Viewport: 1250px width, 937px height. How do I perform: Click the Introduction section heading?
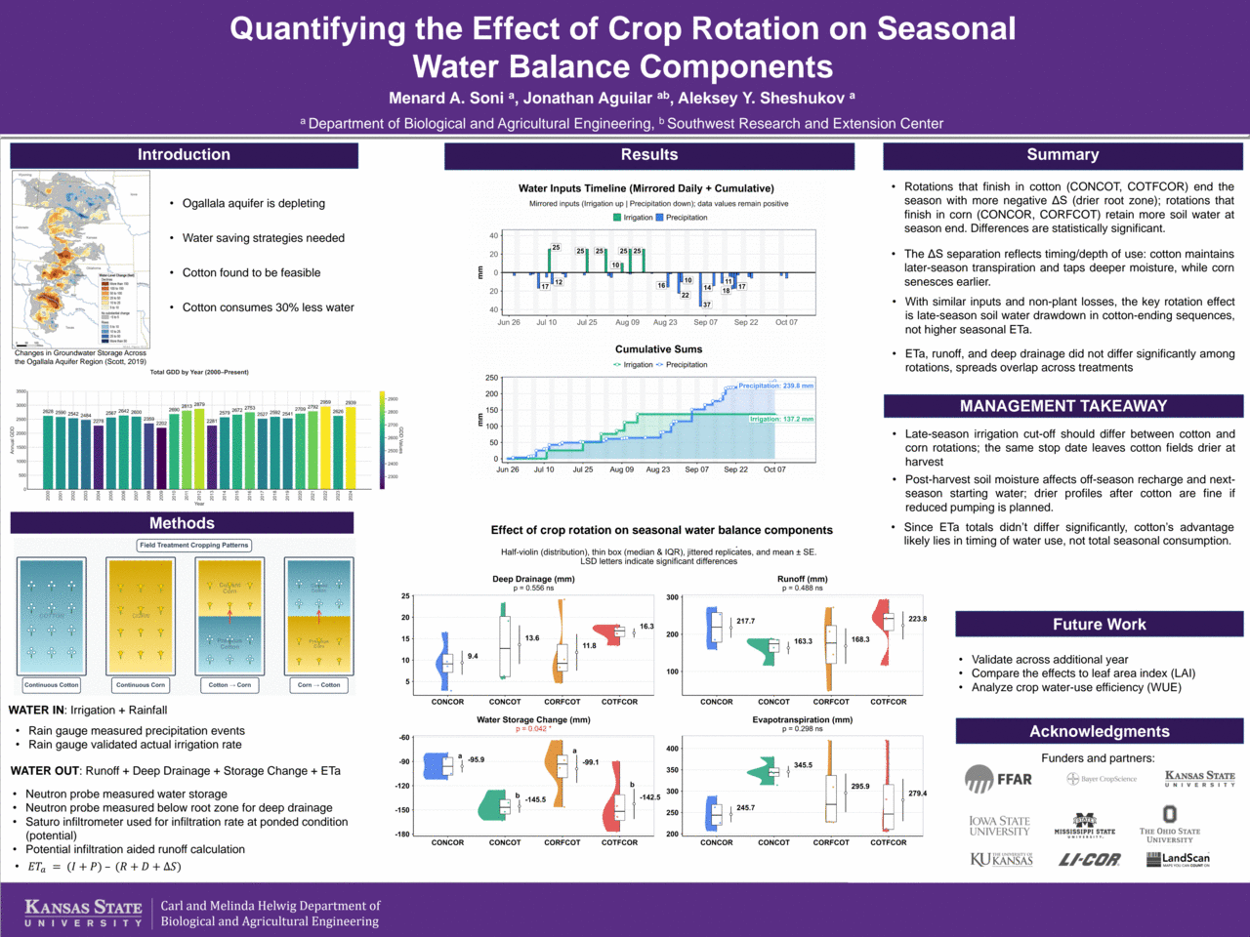(x=184, y=155)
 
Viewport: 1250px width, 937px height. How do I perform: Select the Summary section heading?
(x=1062, y=155)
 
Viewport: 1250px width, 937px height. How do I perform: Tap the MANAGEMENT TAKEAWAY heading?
(x=1062, y=406)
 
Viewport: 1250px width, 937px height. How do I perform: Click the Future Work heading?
(x=1099, y=625)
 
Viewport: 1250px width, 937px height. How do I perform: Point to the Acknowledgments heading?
(x=1099, y=732)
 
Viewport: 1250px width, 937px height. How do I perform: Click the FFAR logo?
(x=998, y=779)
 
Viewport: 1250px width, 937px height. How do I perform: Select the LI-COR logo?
(x=1090, y=860)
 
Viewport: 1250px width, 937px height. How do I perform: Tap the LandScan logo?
(x=1178, y=860)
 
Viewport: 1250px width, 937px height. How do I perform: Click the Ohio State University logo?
(x=1169, y=824)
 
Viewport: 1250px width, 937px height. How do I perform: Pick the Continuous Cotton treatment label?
(x=52, y=685)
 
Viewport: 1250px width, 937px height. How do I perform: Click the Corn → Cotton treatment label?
(x=318, y=685)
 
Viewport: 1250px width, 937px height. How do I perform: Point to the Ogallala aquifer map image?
(x=81, y=260)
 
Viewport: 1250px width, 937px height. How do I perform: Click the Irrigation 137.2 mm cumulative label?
(x=781, y=419)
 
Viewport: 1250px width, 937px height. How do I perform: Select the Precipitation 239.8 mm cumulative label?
(x=775, y=386)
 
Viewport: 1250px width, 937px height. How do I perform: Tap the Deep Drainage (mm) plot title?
(x=533, y=579)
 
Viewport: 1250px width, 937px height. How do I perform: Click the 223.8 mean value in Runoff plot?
(x=918, y=619)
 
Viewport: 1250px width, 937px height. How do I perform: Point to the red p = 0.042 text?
(x=533, y=729)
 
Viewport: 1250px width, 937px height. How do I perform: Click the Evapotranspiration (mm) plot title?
(x=802, y=720)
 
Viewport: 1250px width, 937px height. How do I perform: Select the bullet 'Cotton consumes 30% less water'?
(x=268, y=307)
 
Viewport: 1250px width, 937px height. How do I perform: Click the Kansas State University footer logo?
(x=83, y=914)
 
